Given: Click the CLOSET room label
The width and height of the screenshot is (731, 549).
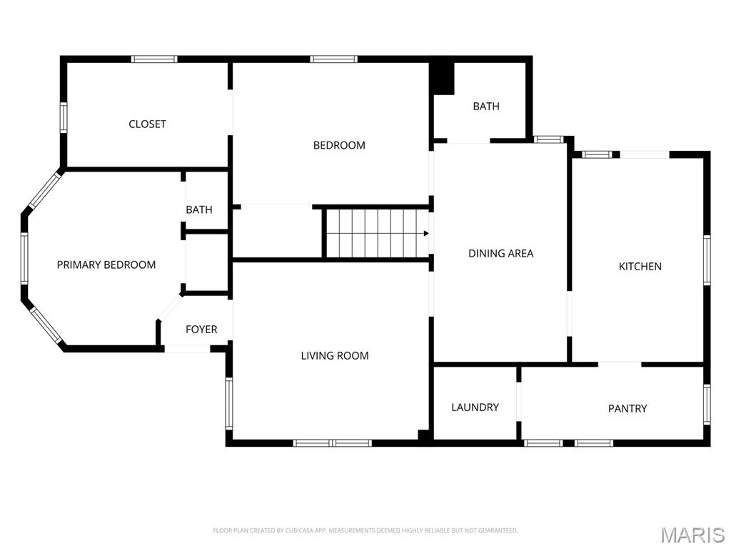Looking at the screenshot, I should click(147, 124).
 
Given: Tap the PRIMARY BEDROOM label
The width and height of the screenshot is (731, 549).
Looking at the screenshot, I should click(106, 264).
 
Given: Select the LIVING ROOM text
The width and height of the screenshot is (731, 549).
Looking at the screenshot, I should click(335, 355).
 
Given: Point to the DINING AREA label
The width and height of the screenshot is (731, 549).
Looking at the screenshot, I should click(500, 253).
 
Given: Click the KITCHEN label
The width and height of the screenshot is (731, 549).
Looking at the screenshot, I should click(640, 266).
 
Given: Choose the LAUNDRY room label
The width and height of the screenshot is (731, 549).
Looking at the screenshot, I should click(475, 407).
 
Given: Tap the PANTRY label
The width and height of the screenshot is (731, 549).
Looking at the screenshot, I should click(627, 408).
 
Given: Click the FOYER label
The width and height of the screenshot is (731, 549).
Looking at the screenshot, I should click(201, 330).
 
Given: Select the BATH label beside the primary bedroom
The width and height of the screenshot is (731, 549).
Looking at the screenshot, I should click(199, 209).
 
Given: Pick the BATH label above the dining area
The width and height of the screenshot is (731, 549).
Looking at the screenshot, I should click(486, 106).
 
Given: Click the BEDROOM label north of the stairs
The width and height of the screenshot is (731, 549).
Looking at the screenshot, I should click(339, 145).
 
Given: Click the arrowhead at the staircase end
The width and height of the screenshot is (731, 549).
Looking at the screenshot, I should click(426, 233).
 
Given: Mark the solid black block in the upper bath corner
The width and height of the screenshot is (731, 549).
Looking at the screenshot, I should click(443, 78).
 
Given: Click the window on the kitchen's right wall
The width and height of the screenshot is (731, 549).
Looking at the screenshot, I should click(707, 260).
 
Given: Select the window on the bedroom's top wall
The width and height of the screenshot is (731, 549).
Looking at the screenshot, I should click(333, 59).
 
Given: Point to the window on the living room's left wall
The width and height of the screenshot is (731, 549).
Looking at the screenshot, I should click(229, 403).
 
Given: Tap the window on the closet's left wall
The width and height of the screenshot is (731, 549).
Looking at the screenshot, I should click(63, 117).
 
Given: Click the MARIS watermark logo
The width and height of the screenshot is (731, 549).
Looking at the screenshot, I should click(692, 535).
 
